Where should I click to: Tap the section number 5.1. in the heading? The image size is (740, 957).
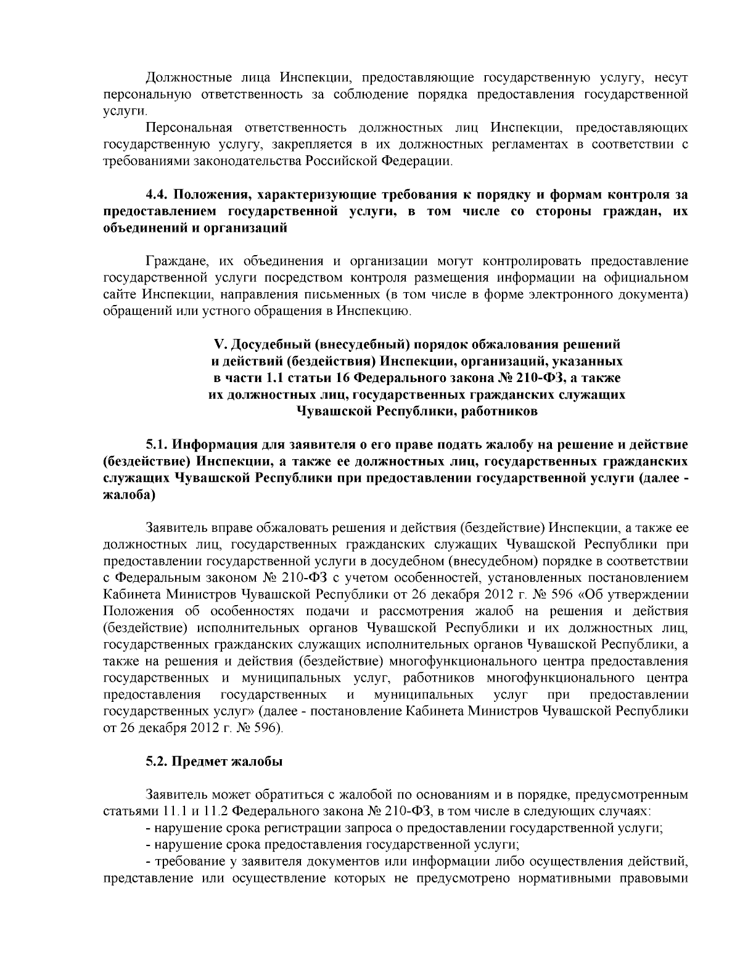(158, 444)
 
